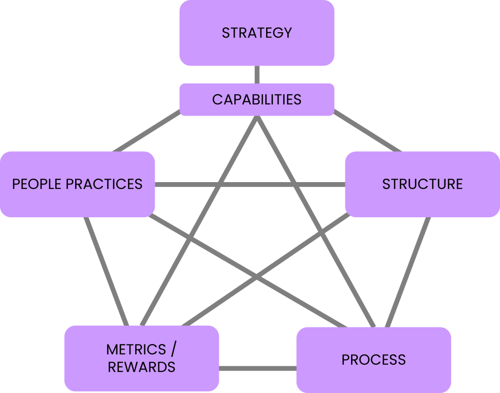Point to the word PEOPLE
pyautogui.click(x=37, y=184)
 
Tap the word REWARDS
pyautogui.click(x=142, y=367)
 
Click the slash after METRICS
pyautogui.click(x=174, y=350)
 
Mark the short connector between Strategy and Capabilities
pyautogui.click(x=257, y=75)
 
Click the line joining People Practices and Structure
pyautogui.click(x=250, y=185)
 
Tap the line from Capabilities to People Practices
pyautogui.click(x=146, y=133)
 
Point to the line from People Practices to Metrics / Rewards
pyautogui.click(x=105, y=271)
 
